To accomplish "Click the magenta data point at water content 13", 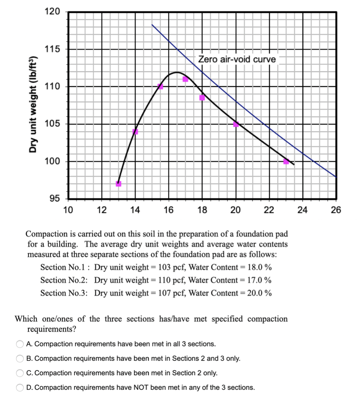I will tap(119, 184).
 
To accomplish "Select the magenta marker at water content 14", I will tap(135, 131).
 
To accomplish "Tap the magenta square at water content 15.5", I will tap(160, 86).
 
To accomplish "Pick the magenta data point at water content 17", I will tap(185, 79).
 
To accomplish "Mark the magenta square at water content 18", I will tap(202, 98).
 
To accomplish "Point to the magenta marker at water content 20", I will tap(236, 124).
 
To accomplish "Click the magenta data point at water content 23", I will tap(286, 162).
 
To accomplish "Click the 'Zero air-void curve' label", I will tap(237, 59).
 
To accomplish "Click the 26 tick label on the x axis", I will tap(336, 211).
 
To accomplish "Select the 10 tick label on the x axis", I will tap(68, 211).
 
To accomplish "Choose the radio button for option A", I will tap(20, 344).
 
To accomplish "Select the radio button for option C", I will tap(20, 373).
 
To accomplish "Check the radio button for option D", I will tap(20, 388).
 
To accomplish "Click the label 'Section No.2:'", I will tap(64, 280).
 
